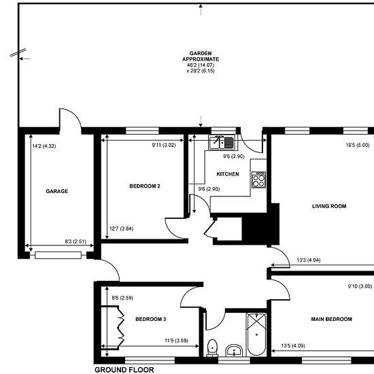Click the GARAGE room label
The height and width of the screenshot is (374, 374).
[x=56, y=191]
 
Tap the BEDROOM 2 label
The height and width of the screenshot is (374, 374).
[x=145, y=186]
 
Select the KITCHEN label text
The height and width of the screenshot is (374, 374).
[x=228, y=174]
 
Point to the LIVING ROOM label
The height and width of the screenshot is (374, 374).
[x=329, y=206]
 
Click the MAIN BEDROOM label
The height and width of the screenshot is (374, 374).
[x=331, y=319]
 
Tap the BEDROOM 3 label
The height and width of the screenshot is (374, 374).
[x=151, y=319]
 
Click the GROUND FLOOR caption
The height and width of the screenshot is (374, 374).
[x=124, y=370]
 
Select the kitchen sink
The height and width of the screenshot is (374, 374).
[x=222, y=142]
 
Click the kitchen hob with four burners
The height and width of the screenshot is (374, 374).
[x=259, y=180]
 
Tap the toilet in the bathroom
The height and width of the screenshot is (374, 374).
[x=212, y=347]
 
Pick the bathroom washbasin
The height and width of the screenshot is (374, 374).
[x=234, y=350]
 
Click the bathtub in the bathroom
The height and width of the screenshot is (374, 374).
[x=256, y=335]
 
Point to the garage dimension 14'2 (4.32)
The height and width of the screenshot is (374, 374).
[x=44, y=146]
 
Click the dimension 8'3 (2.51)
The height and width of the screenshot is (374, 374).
[x=75, y=241]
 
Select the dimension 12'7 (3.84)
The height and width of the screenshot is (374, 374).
[x=122, y=228]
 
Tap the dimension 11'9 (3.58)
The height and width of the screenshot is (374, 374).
[x=177, y=341]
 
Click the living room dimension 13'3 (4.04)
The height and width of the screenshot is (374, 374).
[x=309, y=260]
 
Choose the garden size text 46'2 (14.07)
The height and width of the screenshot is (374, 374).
[x=201, y=65]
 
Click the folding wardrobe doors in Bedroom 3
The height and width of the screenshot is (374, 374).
[x=120, y=326]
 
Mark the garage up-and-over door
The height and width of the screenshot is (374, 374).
[x=58, y=255]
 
